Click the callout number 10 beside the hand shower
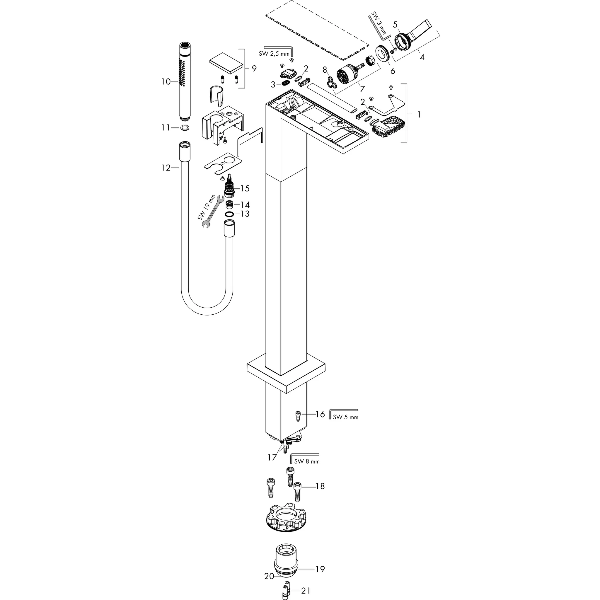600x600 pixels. point(166,82)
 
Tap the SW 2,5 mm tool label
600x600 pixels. point(274,54)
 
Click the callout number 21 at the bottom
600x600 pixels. point(306,590)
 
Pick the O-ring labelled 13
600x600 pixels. point(229,214)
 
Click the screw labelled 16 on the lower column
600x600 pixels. point(298,415)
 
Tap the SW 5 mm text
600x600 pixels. point(345,417)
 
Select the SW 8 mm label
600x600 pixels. point(306,461)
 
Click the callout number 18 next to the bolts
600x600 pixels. point(320,486)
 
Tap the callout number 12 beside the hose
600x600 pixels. point(166,168)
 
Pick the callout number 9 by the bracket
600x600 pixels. point(254,68)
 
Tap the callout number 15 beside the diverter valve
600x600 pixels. point(245,188)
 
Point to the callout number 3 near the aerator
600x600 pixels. point(273,84)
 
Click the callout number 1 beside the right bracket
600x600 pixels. point(419,115)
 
